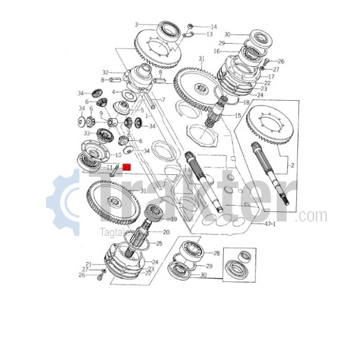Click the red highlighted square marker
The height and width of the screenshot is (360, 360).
(x=127, y=167)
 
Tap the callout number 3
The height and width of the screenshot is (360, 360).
(x=137, y=24)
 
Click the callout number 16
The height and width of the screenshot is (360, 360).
(x=217, y=51)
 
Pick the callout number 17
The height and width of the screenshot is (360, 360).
(x=271, y=77)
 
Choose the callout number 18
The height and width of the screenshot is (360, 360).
(x=246, y=103)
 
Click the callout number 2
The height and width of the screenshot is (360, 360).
(x=292, y=165)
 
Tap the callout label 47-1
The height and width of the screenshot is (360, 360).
(x=270, y=225)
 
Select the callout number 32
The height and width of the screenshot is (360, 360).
(x=105, y=73)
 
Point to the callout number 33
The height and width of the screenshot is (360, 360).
(x=87, y=133)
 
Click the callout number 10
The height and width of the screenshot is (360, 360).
(x=118, y=155)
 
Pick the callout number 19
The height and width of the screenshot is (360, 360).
(x=173, y=219)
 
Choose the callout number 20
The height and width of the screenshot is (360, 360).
(x=166, y=232)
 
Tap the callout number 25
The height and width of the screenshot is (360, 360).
(x=159, y=243)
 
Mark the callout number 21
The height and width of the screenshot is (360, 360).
(x=88, y=264)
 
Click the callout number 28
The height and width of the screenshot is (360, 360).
(x=217, y=254)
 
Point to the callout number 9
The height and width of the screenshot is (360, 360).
(x=101, y=114)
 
